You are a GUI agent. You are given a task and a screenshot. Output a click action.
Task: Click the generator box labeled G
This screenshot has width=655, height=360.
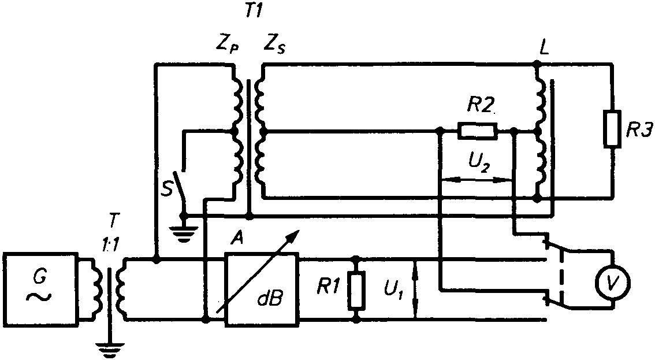40,289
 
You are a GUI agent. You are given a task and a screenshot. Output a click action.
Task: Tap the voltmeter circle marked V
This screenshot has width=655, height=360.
613,284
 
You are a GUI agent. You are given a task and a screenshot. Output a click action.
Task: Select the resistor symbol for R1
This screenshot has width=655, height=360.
356,290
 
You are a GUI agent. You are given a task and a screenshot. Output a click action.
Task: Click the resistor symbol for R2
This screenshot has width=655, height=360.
478,131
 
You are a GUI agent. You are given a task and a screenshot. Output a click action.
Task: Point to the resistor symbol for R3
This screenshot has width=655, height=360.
612,129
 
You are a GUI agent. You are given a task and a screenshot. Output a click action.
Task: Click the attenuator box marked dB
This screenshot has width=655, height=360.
262,289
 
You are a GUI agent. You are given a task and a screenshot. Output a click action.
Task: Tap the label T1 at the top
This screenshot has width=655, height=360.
253,12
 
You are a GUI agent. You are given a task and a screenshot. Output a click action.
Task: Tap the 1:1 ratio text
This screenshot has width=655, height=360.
110,246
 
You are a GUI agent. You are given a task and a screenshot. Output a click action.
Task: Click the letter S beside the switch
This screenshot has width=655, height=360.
167,189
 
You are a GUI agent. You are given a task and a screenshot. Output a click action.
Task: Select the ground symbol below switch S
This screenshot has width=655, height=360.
183,231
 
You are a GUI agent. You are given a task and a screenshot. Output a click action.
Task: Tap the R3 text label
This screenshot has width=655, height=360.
639,131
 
